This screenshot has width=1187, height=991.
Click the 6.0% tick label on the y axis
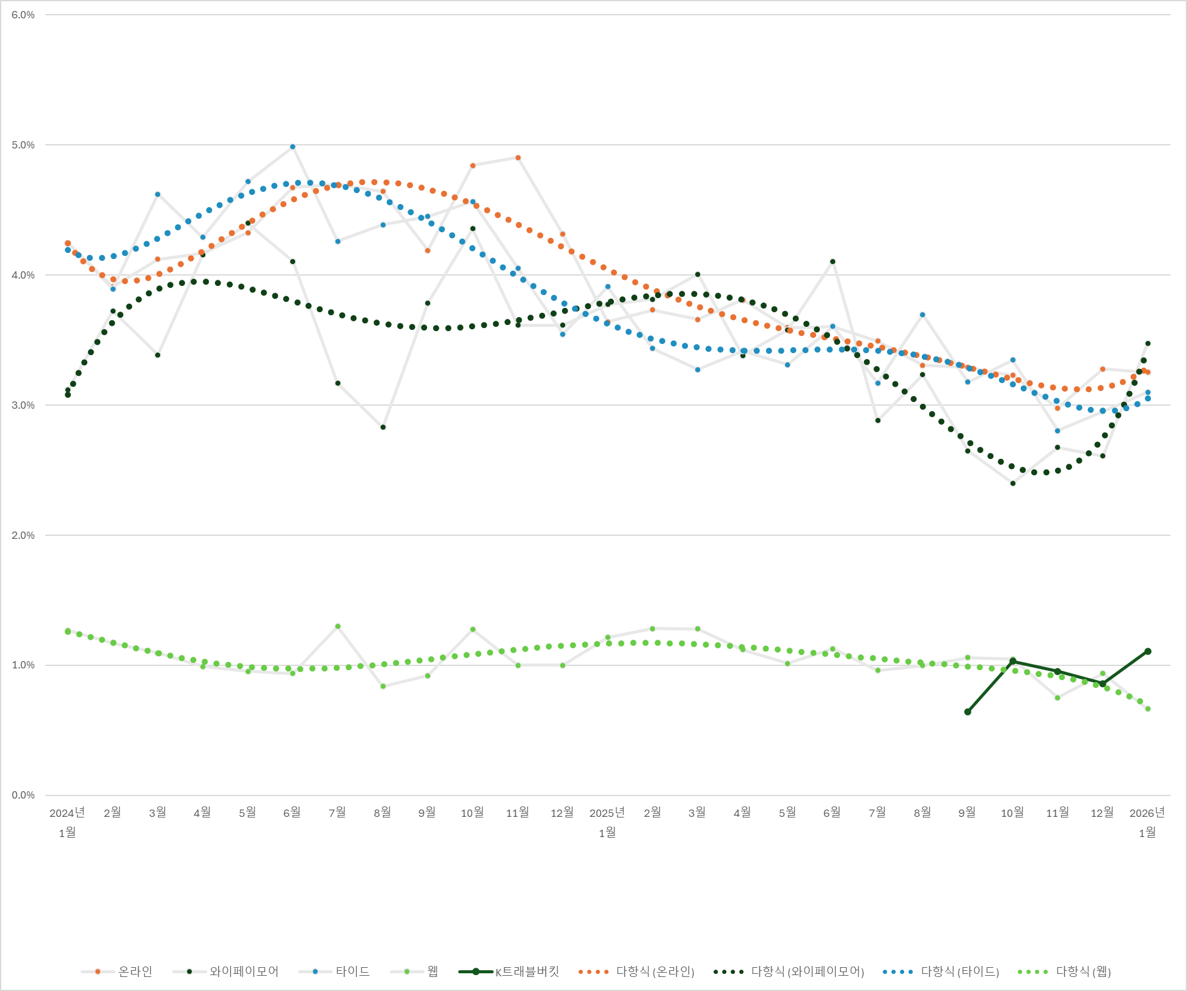coord(23,15)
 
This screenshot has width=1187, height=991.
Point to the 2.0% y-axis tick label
coord(23,535)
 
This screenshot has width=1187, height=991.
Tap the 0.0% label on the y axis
coord(23,795)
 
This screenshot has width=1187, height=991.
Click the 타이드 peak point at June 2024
coord(293,147)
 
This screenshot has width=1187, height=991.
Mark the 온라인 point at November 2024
coord(518,158)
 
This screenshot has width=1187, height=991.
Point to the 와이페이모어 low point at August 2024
coord(383,427)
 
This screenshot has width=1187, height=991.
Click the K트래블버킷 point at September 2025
coord(968,712)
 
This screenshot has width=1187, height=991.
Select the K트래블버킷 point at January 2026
coord(1148,651)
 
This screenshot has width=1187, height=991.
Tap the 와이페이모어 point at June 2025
coord(833,261)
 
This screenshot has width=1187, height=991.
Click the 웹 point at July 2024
coord(338,626)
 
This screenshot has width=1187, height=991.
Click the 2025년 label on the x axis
coord(607,813)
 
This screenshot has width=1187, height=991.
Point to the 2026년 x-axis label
coord(1147,813)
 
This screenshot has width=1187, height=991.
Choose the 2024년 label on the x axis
coord(67,813)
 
